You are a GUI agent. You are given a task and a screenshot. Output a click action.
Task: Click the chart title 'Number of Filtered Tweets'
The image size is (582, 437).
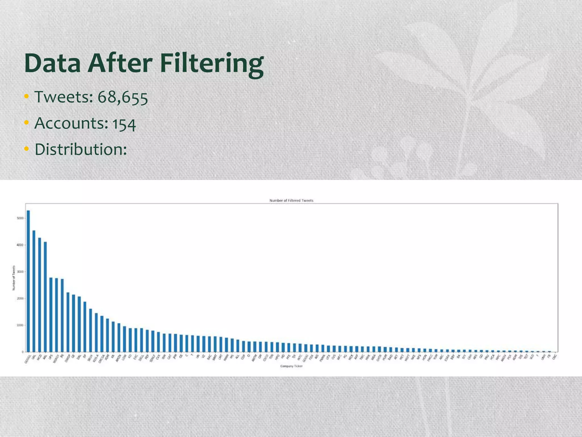point(291,201)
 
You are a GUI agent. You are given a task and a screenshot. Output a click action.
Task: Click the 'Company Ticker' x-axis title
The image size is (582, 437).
point(291,366)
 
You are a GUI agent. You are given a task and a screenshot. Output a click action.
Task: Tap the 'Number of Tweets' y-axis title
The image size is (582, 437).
point(13,278)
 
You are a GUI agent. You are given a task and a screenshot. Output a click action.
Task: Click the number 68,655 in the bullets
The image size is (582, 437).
point(123,97)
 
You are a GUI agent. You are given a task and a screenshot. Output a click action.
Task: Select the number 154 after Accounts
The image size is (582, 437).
point(124,124)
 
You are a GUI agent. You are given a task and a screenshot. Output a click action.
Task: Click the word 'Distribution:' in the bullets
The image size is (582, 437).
point(81,149)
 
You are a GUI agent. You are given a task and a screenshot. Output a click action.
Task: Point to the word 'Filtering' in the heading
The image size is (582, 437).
point(212,64)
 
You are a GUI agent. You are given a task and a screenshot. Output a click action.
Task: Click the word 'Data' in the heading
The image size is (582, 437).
point(53,64)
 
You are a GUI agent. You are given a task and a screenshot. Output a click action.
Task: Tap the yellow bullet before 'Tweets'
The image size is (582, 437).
point(27,97)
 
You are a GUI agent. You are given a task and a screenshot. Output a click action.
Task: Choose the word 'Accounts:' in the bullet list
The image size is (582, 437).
point(71,123)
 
